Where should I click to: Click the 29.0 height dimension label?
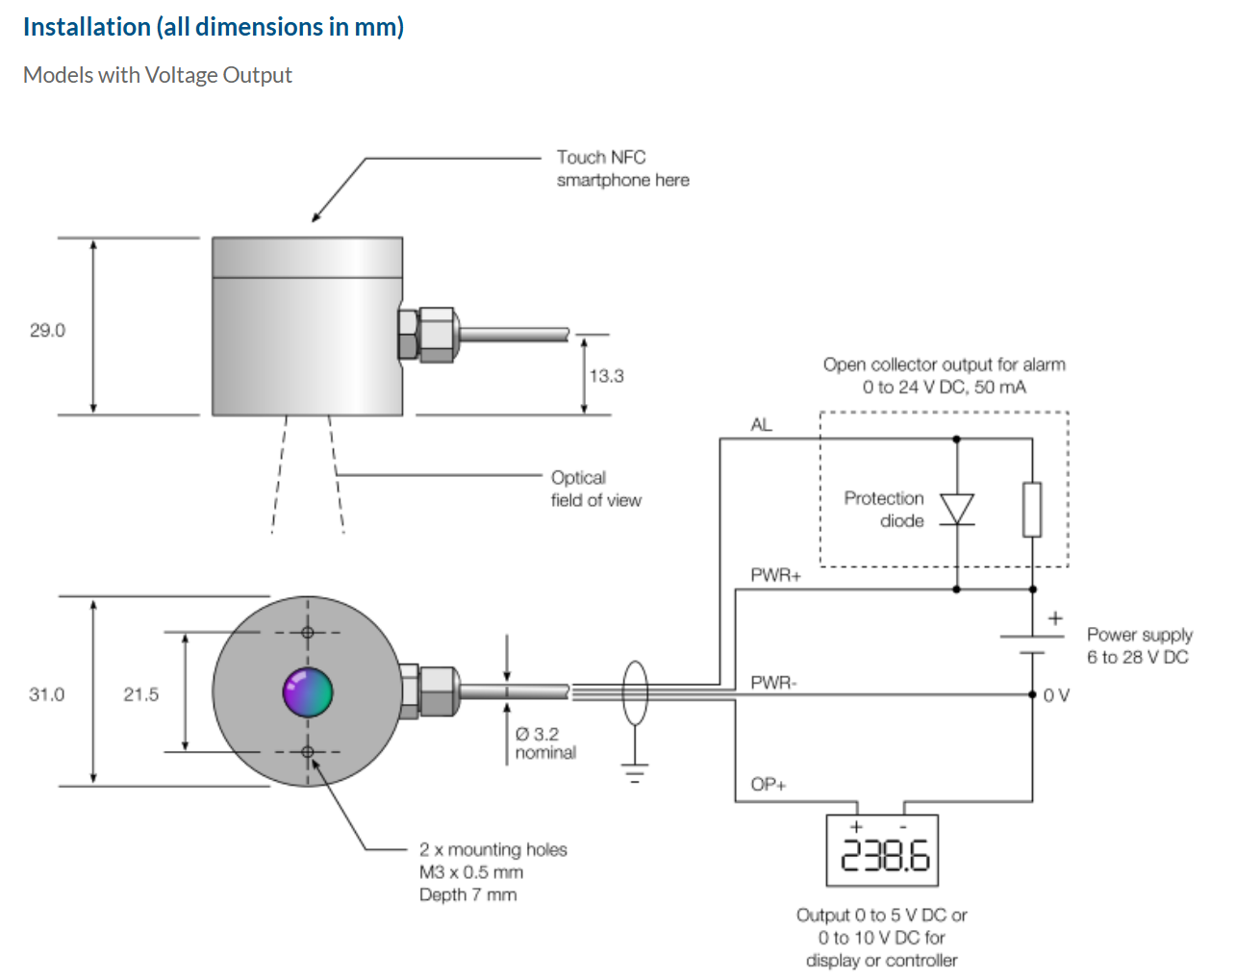click(47, 331)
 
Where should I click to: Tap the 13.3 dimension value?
click(606, 376)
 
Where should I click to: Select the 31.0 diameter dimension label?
click(46, 694)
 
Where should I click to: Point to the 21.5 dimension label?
click(140, 694)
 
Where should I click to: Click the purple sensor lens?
click(308, 691)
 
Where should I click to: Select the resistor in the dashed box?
click(1032, 510)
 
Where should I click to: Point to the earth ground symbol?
click(635, 771)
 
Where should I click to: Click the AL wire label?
click(761, 425)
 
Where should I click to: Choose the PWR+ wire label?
click(775, 575)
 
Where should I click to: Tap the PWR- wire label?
click(773, 683)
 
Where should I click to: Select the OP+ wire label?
click(769, 785)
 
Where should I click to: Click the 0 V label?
click(1056, 695)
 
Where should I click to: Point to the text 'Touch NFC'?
click(601, 157)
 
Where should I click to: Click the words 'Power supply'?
click(1139, 635)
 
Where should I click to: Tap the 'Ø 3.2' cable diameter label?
click(537, 734)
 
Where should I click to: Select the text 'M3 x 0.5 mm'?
click(471, 872)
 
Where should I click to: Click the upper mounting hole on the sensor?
click(308, 632)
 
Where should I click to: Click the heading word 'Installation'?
click(87, 27)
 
